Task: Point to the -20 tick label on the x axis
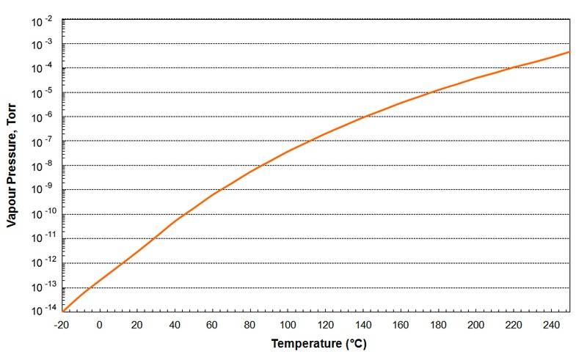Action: point(62,325)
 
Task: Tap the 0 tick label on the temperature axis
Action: point(100,325)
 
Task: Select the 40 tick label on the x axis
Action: point(175,325)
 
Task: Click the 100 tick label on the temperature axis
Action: point(288,325)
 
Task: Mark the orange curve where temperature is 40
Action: point(175,221)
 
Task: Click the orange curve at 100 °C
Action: point(288,151)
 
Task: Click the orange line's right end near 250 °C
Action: point(569,51)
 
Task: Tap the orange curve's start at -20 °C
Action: point(63,311)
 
